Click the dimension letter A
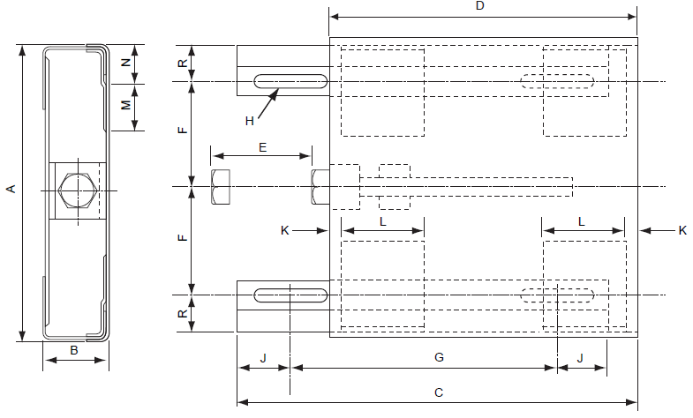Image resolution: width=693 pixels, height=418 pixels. pos(10,189)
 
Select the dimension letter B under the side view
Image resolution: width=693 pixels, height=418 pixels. pos(74,350)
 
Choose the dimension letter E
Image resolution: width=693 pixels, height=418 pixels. pos(262,147)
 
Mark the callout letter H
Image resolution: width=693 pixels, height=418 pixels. pos(250,120)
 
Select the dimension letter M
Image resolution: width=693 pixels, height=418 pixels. pos(125,105)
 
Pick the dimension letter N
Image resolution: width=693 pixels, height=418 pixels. pos(125,63)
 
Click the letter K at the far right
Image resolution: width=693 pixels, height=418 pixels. pos(682,230)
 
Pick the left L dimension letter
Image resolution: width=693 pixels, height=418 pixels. pos(382,221)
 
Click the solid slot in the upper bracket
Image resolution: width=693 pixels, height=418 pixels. pos(291,82)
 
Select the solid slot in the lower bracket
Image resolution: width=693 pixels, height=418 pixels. pos(291,294)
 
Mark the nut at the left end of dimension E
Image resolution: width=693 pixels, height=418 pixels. pos(221,188)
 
